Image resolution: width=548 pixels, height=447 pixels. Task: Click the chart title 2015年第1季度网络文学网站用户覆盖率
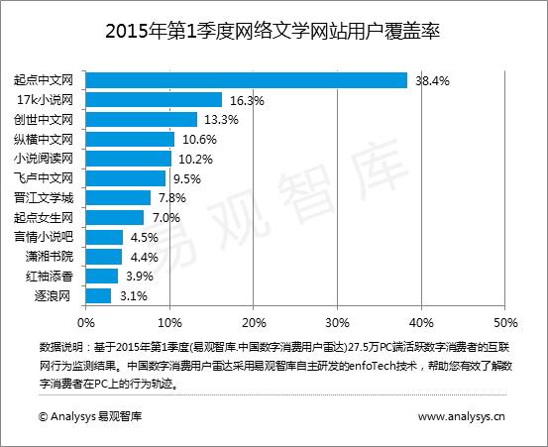[273, 32]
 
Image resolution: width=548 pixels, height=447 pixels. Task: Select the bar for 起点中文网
[247, 80]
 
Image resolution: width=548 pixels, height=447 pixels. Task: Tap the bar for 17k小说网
[154, 100]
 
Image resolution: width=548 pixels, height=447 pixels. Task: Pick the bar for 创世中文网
[141, 120]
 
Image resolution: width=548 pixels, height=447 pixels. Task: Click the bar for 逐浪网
[98, 295]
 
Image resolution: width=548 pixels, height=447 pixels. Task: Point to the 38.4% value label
[433, 80]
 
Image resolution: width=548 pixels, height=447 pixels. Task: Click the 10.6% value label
[199, 140]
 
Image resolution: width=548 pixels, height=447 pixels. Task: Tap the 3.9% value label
[140, 277]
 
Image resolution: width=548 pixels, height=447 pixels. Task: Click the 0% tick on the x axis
[86, 322]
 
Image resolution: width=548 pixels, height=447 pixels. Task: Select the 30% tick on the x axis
[338, 322]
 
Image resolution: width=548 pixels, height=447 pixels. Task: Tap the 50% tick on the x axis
[505, 322]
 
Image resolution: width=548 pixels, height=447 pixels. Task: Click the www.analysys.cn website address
[462, 418]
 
